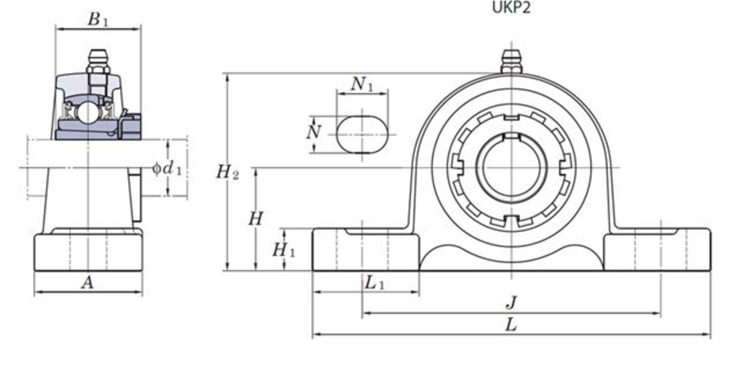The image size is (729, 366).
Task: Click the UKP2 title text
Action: [511, 8]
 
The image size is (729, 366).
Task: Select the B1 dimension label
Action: [98, 19]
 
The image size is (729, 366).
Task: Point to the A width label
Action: [87, 283]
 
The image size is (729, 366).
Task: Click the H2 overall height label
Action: [227, 173]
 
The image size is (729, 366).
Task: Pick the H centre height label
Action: [255, 218]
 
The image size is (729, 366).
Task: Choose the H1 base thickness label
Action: [283, 249]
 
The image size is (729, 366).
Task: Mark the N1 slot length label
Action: [362, 84]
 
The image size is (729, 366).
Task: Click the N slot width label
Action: [313, 133]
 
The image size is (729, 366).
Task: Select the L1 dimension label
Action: [374, 283]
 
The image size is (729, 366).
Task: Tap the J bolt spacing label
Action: [510, 302]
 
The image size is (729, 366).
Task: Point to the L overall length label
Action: [510, 325]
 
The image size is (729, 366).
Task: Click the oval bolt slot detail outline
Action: [362, 134]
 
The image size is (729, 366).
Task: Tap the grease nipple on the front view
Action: [511, 62]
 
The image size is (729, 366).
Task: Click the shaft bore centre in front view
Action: [511, 168]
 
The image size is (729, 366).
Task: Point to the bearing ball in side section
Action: [88, 112]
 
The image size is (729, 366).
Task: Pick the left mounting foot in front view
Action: [365, 249]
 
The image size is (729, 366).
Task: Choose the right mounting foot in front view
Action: [657, 249]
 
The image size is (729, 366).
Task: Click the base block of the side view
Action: [88, 252]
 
